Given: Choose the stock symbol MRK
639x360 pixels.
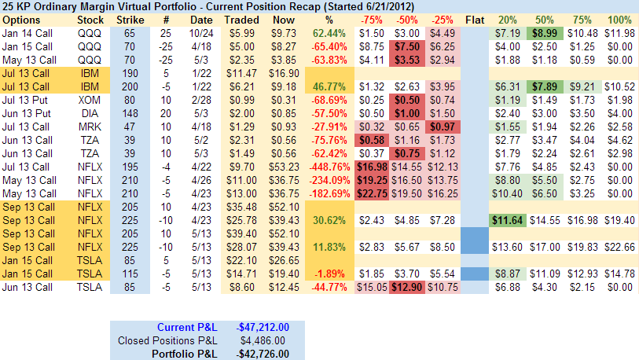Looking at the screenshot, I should click(90, 126).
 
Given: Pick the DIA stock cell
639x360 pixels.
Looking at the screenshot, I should click(90, 114).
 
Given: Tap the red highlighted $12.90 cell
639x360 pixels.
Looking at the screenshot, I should click(406, 288).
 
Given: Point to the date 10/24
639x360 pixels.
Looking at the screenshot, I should click(200, 33).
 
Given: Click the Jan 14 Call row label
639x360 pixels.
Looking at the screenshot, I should click(29, 33).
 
